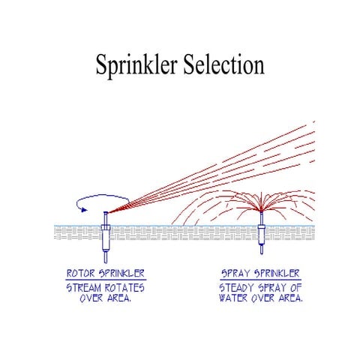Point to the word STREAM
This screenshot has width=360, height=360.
click(88, 288)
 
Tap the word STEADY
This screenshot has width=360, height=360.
click(237, 288)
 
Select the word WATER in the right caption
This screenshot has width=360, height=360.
click(235, 298)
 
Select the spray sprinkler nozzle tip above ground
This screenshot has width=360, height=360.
click(262, 217)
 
